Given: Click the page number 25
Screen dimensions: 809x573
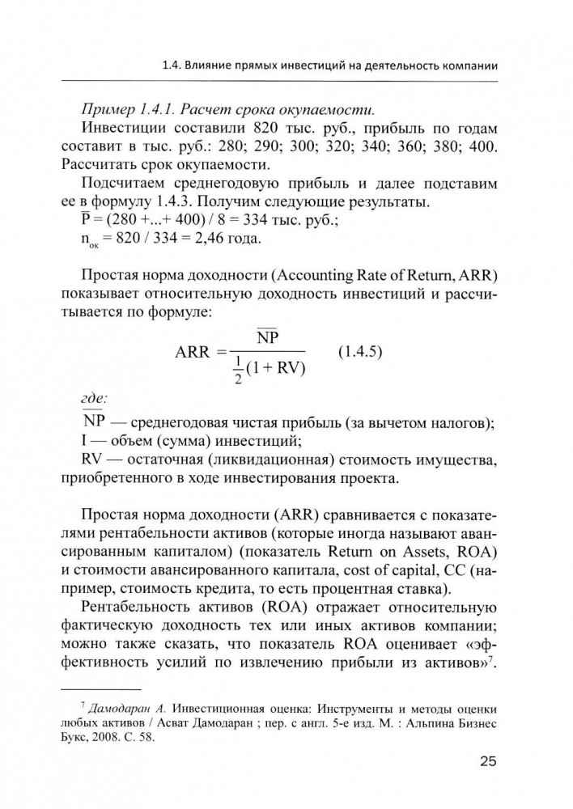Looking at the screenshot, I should pyautogui.click(x=486, y=761).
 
